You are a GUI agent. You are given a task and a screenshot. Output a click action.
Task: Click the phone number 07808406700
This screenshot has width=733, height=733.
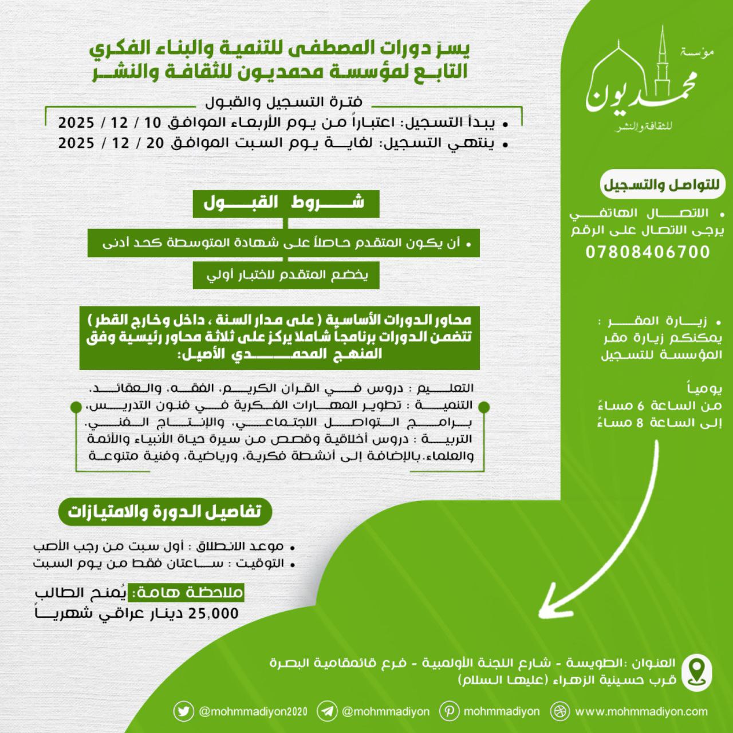coord(648,252)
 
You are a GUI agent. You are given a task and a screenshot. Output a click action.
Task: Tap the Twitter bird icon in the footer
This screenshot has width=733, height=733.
coord(183,711)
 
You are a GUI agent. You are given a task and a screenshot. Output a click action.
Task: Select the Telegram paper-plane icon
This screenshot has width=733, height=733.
coord(327,711)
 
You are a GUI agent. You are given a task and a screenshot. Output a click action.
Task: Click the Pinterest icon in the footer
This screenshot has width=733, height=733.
coord(449,711)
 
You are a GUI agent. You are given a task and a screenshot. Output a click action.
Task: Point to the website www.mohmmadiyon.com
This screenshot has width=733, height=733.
coord(641,712)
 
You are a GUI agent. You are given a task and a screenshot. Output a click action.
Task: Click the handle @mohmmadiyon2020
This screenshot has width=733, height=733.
coord(253,712)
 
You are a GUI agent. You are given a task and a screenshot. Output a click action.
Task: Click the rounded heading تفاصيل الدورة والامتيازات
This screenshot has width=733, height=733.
coord(164,511)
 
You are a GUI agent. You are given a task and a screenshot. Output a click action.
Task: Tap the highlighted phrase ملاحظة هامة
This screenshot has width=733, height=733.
coord(187,593)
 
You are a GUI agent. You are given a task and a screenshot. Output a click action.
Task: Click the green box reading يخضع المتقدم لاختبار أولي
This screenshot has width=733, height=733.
coord(286,275)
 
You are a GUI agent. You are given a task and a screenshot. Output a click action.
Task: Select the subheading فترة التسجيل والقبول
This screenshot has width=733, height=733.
coord(283,103)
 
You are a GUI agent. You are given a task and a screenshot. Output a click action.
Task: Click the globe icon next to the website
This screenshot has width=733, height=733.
coord(559,711)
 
